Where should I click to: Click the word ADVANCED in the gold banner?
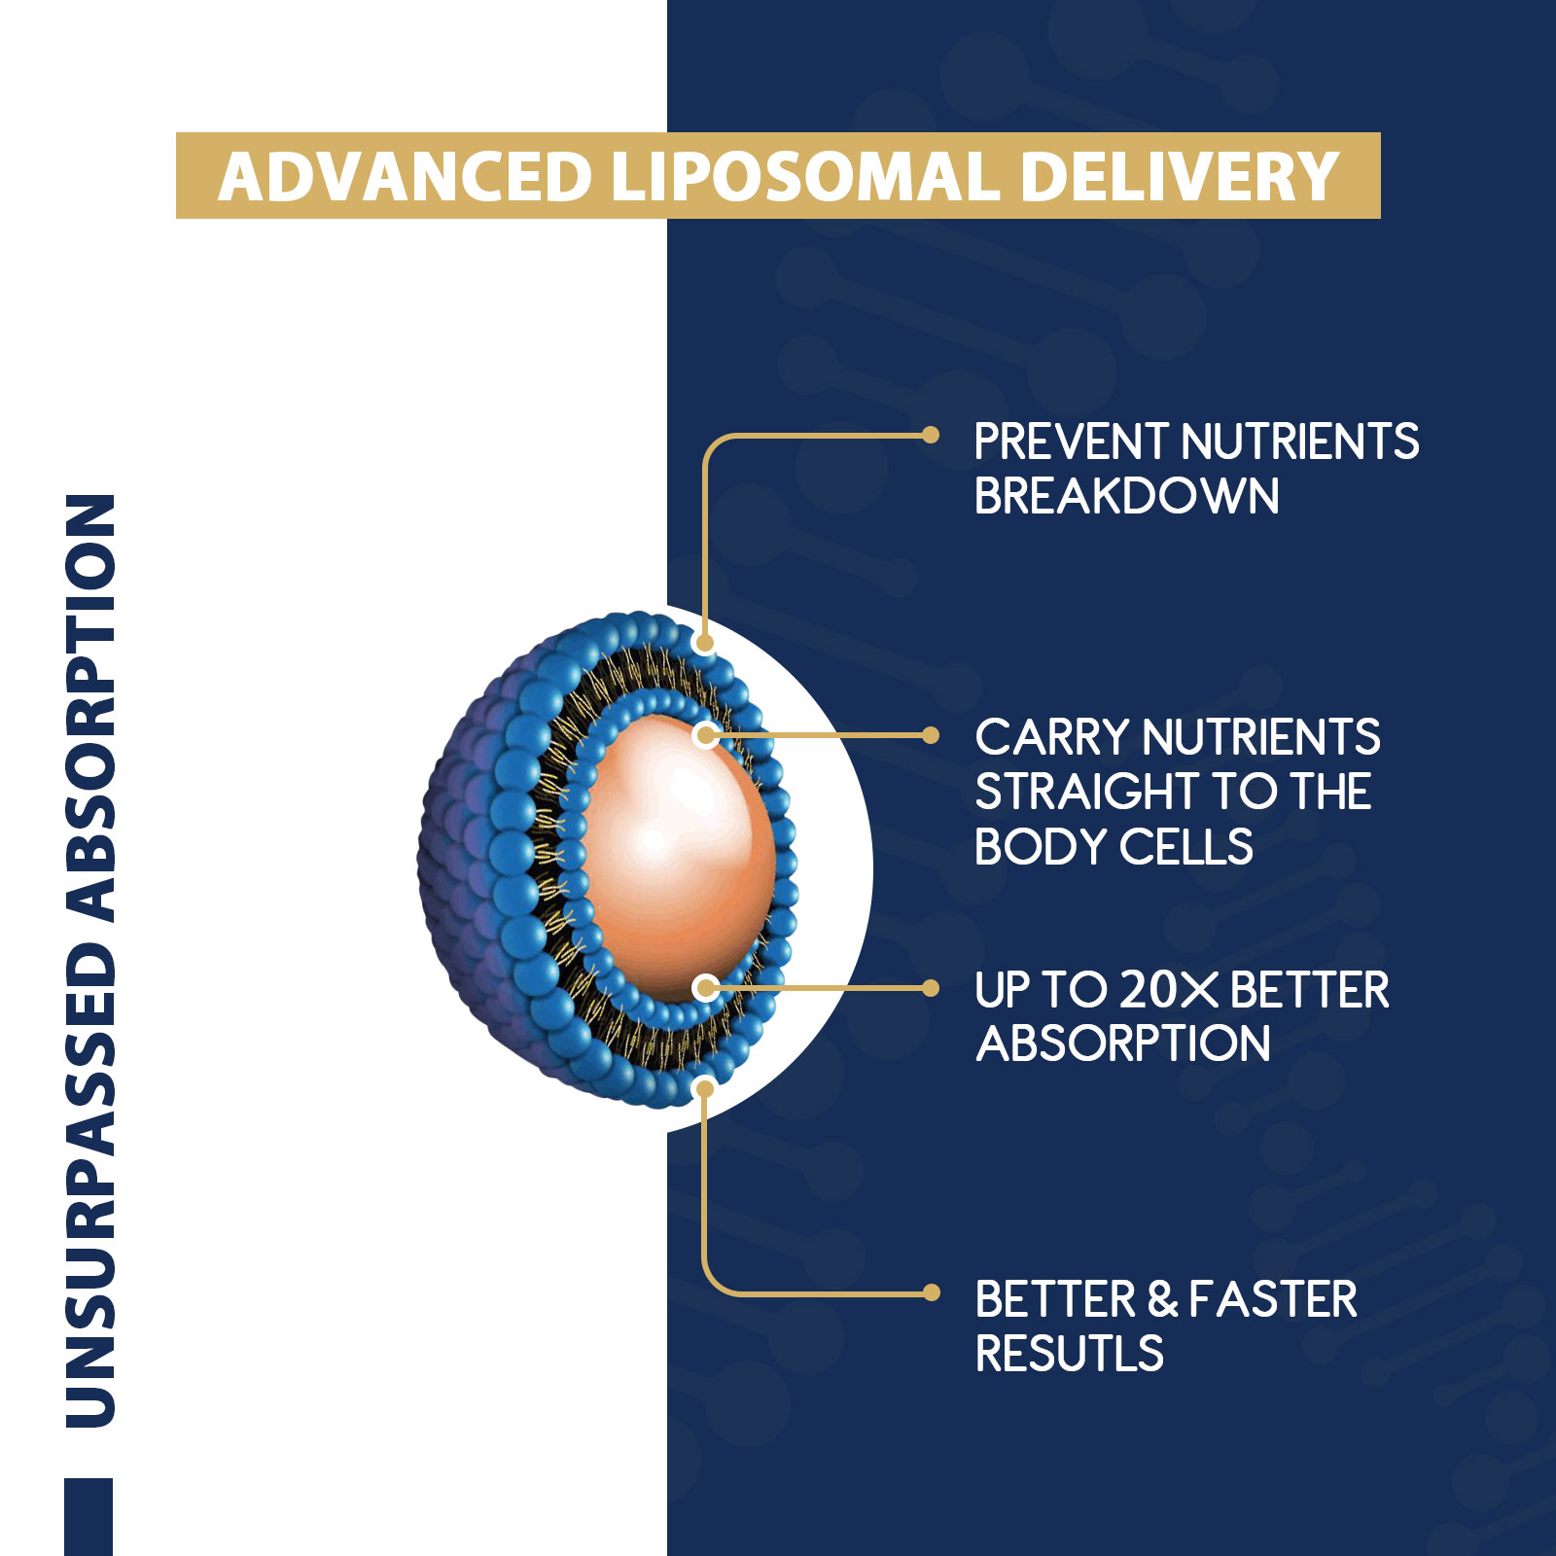pos(405,177)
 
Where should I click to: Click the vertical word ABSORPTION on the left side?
pos(90,708)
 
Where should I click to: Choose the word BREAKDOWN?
pos(1126,496)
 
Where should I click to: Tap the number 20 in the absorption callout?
pos(1149,990)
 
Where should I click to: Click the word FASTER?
pos(1272,1299)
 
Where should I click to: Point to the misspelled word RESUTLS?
pos(1069,1354)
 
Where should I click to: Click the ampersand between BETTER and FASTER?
pos(1162,1299)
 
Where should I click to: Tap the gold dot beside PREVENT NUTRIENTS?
pos(931,435)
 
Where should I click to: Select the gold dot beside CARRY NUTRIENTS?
pos(931,735)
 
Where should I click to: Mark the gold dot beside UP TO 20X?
pos(931,988)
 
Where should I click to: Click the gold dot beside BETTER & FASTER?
pos(931,1292)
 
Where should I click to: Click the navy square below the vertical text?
pos(88,1517)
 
